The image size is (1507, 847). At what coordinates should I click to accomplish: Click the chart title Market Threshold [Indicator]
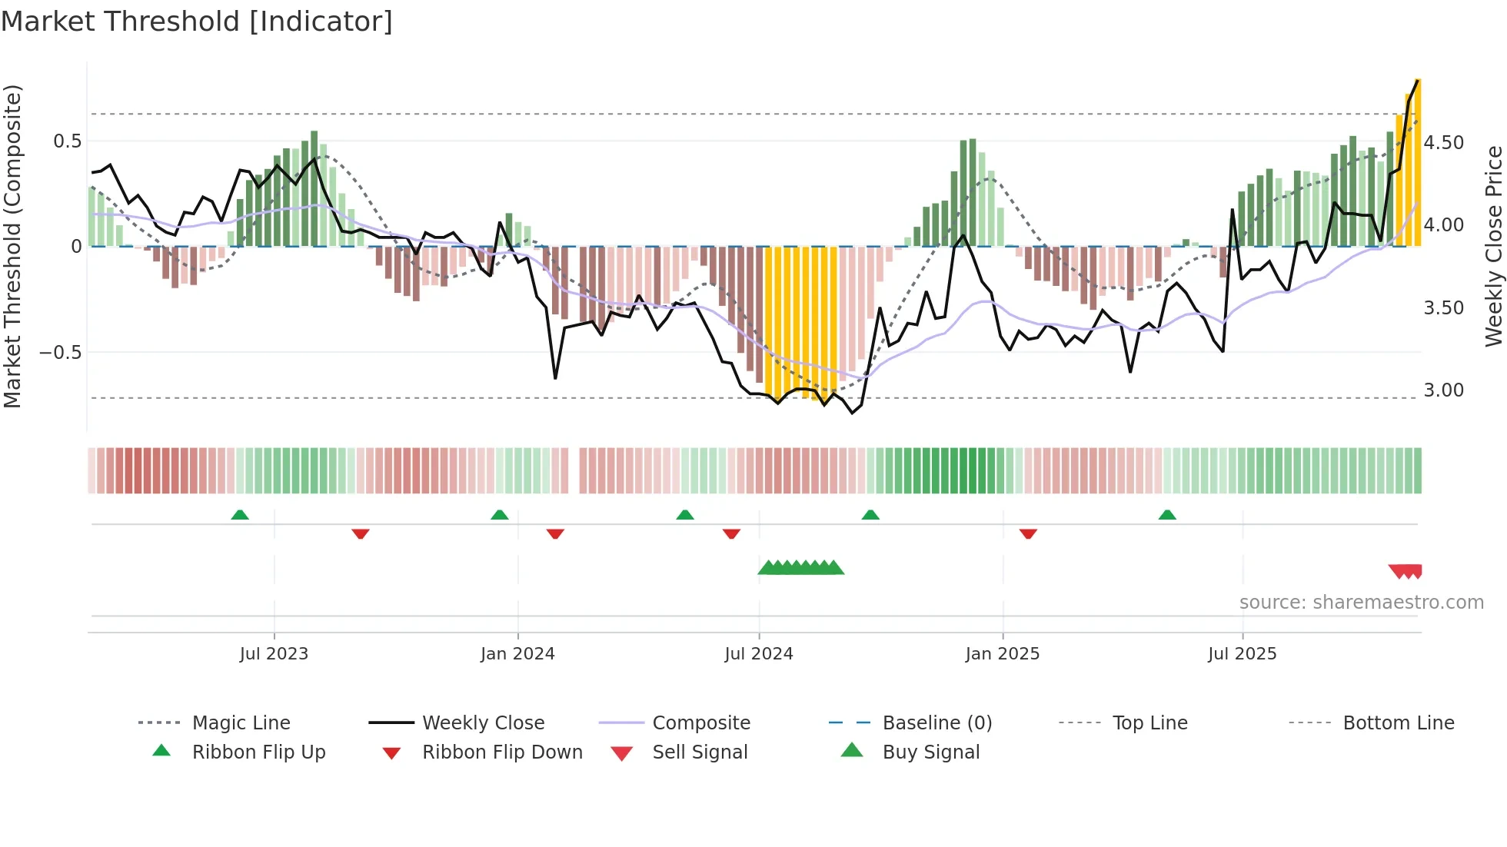point(197,22)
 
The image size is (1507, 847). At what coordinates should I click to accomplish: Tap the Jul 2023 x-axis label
point(274,654)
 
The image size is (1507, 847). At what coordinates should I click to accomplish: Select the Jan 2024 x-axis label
point(517,654)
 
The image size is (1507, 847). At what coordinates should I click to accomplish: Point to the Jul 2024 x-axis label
point(758,654)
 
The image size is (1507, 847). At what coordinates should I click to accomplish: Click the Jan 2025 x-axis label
point(1002,654)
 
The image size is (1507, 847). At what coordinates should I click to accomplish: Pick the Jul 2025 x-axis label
point(1242,654)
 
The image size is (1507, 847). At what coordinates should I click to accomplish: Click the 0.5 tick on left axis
point(68,141)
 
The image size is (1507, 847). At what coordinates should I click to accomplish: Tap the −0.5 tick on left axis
point(61,353)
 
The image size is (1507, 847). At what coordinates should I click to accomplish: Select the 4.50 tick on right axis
point(1443,143)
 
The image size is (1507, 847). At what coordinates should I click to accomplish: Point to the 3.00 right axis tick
point(1443,390)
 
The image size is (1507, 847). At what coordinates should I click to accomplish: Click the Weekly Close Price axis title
point(1493,246)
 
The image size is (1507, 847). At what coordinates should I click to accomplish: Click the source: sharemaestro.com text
point(1361,603)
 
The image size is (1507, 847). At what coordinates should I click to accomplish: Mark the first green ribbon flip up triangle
point(240,515)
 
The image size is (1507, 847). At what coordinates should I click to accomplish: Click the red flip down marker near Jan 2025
point(1028,533)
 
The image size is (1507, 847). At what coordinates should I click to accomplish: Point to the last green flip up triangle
point(1167,515)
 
